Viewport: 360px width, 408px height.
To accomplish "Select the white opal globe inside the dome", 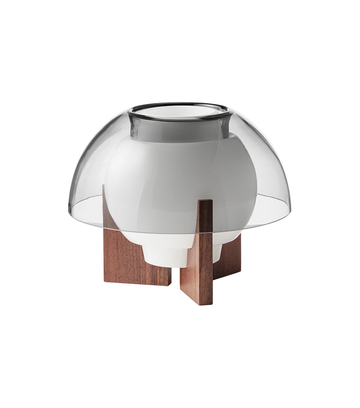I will (x=180, y=180).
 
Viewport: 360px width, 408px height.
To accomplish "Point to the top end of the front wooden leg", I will (x=205, y=202).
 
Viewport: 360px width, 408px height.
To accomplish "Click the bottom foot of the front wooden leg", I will (x=196, y=301).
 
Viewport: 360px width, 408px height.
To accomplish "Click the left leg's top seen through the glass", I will (x=108, y=202).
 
